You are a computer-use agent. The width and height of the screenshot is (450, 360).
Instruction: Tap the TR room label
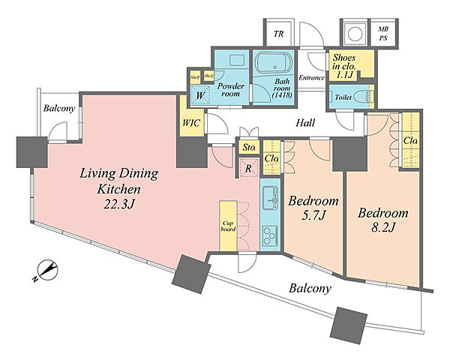278,34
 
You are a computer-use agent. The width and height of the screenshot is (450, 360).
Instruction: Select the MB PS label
383,33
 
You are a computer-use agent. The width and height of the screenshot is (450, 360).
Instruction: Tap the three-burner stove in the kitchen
270,235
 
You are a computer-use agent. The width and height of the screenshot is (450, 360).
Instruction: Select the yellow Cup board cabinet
229,226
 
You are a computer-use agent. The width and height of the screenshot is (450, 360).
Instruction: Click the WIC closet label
191,123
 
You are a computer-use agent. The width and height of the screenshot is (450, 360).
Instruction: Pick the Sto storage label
248,148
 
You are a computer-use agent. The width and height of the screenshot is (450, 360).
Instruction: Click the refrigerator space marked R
248,167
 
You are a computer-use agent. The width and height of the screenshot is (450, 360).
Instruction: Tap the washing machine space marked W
200,95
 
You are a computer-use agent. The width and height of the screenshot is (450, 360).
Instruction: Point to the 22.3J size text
118,204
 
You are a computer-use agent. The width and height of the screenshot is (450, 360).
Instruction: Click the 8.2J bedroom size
382,228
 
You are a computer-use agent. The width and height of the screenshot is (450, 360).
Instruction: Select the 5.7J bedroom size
313,215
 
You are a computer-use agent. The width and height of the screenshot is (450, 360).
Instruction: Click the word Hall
305,123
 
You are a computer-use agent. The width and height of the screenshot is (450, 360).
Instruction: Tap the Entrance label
312,77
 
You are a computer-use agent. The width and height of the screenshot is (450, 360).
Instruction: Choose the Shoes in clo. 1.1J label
344,66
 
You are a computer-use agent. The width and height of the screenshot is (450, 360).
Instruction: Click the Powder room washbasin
237,61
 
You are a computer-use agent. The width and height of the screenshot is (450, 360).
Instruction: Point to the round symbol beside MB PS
354,34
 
